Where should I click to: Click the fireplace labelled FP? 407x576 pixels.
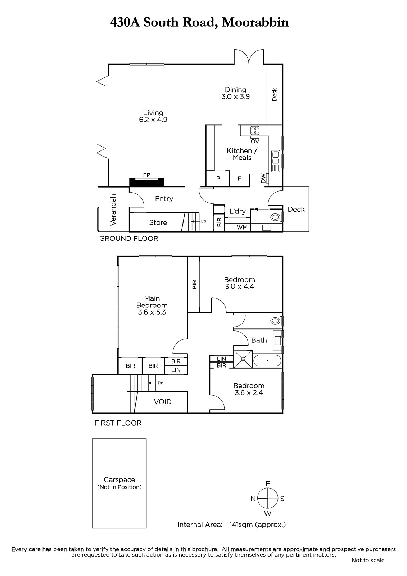[x=146, y=182]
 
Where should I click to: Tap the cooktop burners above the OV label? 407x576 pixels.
[x=255, y=131]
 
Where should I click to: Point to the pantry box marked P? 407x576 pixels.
[x=218, y=179]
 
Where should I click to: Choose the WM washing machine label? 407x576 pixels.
[x=242, y=227]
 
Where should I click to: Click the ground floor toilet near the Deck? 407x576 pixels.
[x=276, y=217]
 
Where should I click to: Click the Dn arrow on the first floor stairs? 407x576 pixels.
[x=153, y=383]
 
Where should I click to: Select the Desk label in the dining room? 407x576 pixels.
[x=275, y=95]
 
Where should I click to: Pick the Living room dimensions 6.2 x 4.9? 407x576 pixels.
[x=153, y=120]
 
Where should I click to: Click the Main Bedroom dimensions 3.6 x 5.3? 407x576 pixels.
[x=152, y=312]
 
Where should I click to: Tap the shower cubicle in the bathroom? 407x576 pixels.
[x=243, y=359]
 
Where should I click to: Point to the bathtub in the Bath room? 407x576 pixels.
[x=267, y=360]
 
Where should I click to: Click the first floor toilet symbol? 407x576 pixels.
[x=276, y=321]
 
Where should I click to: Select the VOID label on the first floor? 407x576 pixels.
[x=163, y=402]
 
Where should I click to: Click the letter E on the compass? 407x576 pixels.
[x=268, y=484]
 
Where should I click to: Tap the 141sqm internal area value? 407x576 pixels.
[x=240, y=525]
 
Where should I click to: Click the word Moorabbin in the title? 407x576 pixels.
[x=255, y=22]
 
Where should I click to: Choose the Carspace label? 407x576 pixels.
[x=119, y=480]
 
